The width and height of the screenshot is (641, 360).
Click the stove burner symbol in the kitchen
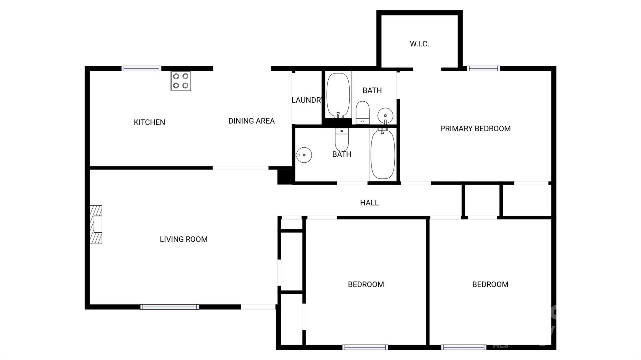(x=181, y=81)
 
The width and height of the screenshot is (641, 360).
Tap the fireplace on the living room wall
(x=96, y=225)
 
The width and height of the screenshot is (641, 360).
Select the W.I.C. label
(x=419, y=44)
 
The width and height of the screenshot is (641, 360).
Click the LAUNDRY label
(x=306, y=100)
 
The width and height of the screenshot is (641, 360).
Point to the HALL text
(x=369, y=203)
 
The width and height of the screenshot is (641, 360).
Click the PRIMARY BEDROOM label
(x=475, y=129)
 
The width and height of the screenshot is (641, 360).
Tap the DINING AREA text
(x=251, y=121)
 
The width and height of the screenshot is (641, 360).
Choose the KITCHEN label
(x=149, y=122)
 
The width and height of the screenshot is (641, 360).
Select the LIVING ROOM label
(x=183, y=239)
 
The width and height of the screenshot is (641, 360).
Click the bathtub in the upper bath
(x=338, y=95)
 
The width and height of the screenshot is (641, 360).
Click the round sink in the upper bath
(x=385, y=115)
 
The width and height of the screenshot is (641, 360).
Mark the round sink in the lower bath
(x=304, y=155)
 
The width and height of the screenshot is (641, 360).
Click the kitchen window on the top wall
(x=141, y=68)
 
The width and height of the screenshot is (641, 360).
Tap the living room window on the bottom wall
(x=169, y=307)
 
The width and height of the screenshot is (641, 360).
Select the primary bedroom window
(x=483, y=68)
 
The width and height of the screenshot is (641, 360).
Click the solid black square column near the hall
(x=285, y=177)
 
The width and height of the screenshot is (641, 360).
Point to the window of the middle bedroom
(x=365, y=347)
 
